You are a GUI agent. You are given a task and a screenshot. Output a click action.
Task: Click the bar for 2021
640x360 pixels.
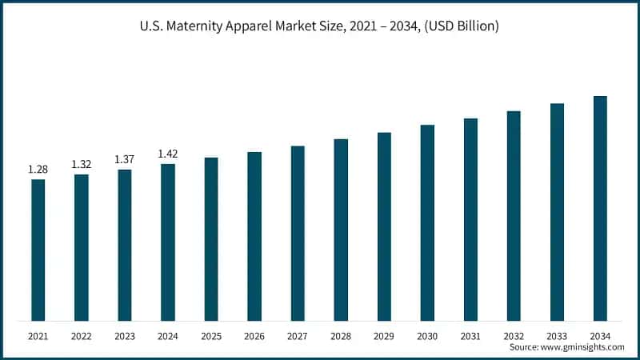(x=38, y=250)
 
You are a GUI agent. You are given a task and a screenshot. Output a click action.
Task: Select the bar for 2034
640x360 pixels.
(x=600, y=209)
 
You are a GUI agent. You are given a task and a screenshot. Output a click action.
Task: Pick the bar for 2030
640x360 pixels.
(x=427, y=223)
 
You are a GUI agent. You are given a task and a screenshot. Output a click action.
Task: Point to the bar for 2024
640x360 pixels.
(x=168, y=242)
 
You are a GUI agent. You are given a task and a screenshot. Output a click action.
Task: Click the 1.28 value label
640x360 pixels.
(x=38, y=170)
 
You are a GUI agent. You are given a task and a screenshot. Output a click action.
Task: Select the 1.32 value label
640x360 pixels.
(x=81, y=164)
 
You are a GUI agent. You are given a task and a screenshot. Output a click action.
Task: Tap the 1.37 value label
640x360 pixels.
(x=124, y=159)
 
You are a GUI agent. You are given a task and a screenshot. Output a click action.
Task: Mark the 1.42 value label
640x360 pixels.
(x=167, y=154)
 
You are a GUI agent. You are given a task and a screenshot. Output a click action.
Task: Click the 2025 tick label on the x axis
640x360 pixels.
(x=211, y=337)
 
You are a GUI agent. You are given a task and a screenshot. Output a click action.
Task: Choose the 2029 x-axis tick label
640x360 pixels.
(x=384, y=337)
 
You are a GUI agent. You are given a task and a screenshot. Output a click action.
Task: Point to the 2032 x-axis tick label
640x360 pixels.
(x=514, y=337)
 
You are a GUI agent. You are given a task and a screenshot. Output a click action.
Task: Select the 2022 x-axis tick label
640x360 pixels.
(x=81, y=337)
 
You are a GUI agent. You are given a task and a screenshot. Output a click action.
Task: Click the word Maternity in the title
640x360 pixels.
(x=192, y=26)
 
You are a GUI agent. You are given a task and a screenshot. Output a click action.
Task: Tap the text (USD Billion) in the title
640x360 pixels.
(x=459, y=26)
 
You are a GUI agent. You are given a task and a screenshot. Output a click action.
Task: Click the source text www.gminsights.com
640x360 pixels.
(x=583, y=348)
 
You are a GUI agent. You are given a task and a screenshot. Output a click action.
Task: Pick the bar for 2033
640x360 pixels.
(x=557, y=212)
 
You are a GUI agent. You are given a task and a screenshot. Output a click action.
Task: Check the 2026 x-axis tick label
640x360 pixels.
(x=254, y=337)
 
